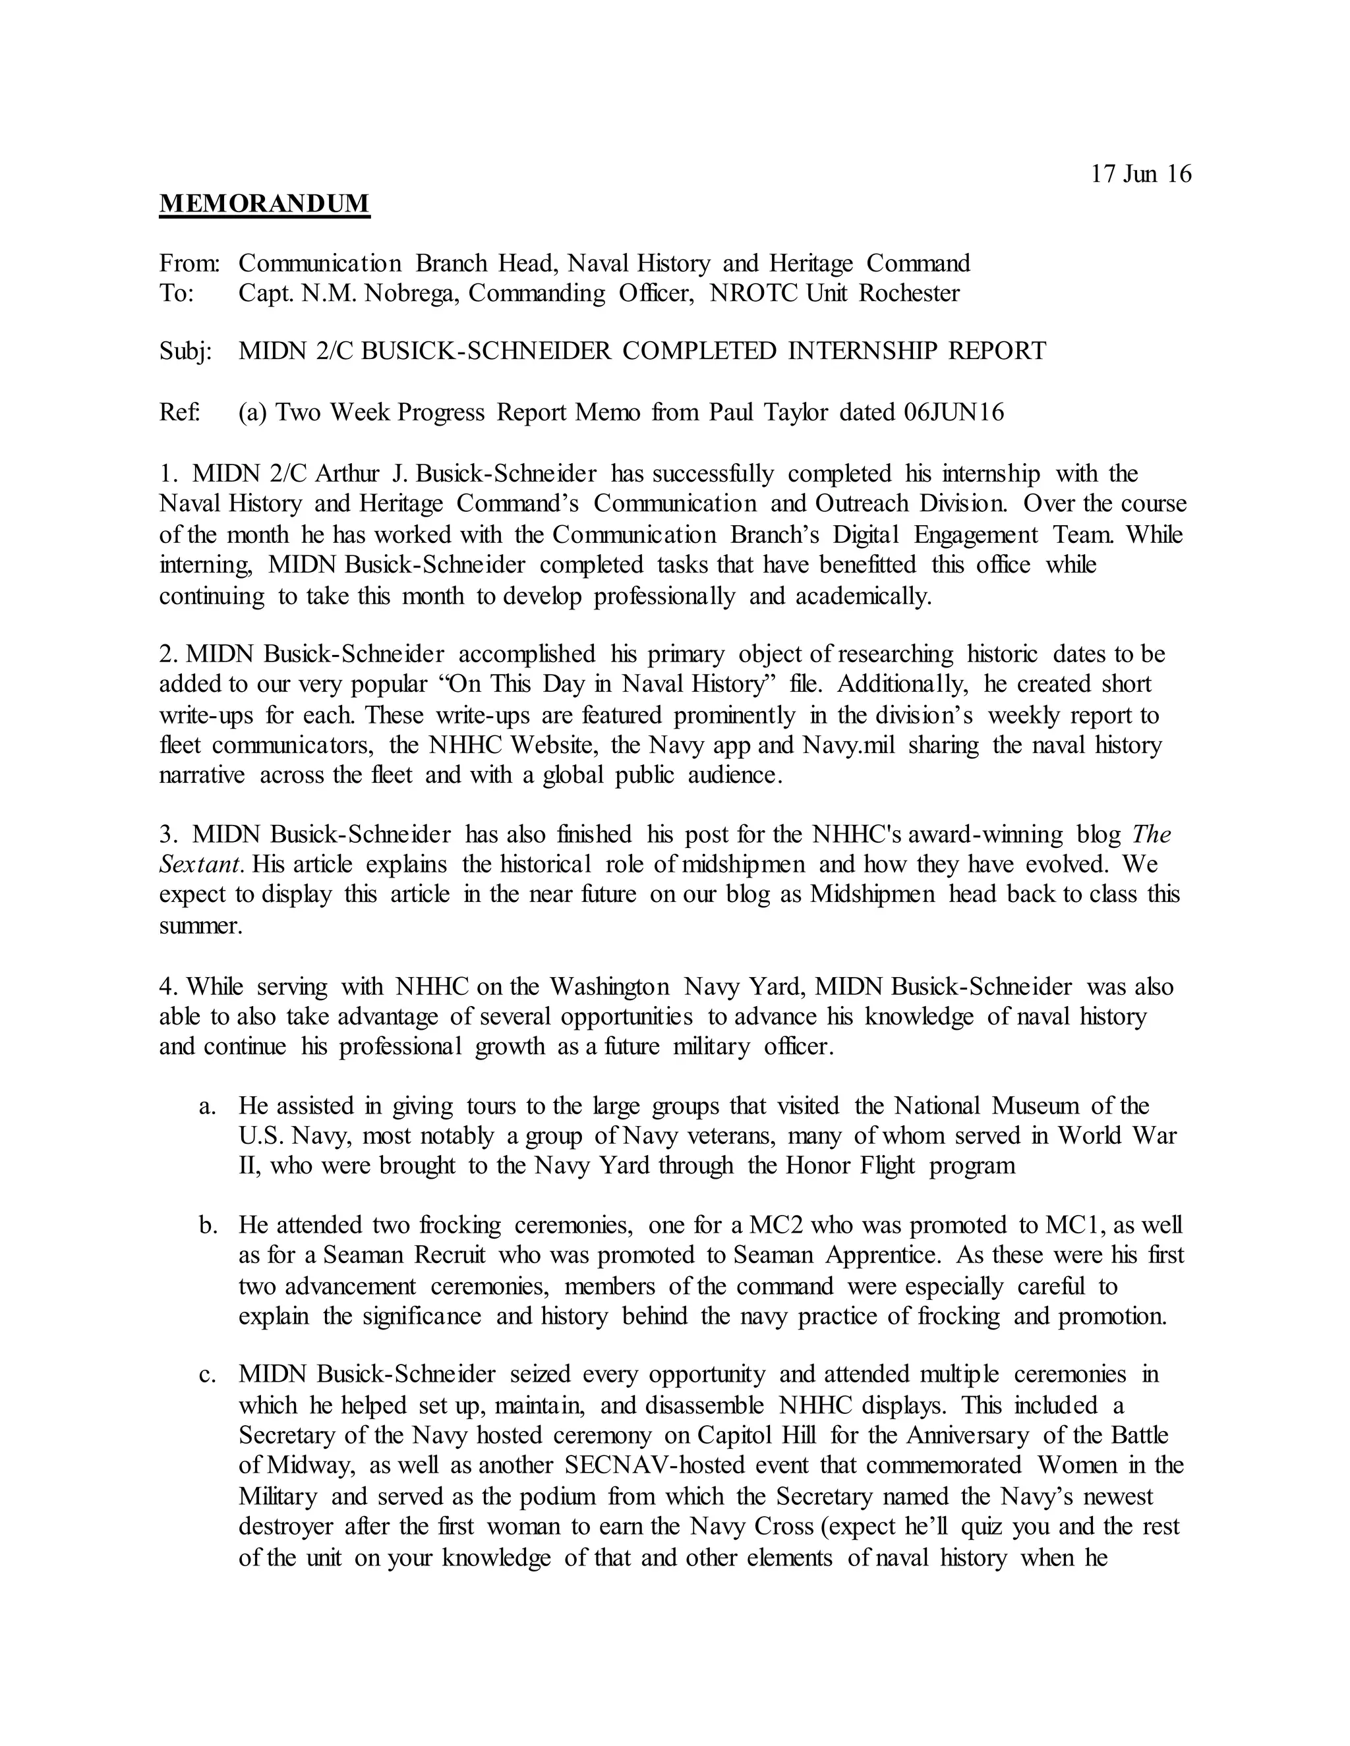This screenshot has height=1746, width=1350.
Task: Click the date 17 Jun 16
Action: pos(1140,175)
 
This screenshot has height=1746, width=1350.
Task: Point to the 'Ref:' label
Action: pos(180,412)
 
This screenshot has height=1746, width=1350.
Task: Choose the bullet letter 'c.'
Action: pos(208,1375)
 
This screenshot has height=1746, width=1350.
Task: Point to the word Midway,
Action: pos(311,1465)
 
